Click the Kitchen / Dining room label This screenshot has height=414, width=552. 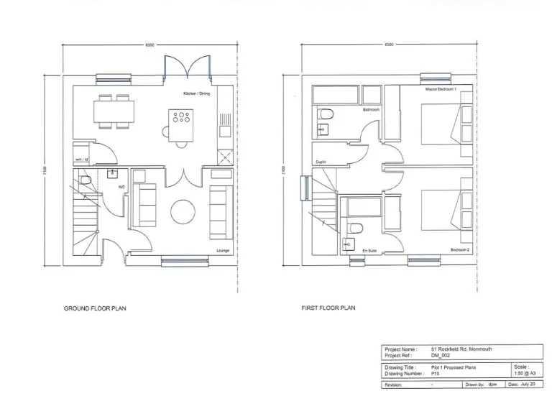(x=196, y=94)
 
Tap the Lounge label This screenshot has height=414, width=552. (x=223, y=251)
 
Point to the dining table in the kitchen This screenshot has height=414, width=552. (x=114, y=111)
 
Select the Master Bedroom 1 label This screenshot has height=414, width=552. (x=441, y=88)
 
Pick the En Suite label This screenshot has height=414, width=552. (x=369, y=250)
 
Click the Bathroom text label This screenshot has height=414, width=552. (x=371, y=110)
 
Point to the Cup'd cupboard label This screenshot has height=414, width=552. (x=321, y=162)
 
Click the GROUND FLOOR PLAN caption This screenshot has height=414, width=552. (x=96, y=308)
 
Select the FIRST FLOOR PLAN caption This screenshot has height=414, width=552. (x=328, y=308)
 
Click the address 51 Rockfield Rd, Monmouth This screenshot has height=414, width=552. (x=461, y=349)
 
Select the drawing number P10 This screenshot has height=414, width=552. (x=435, y=373)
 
